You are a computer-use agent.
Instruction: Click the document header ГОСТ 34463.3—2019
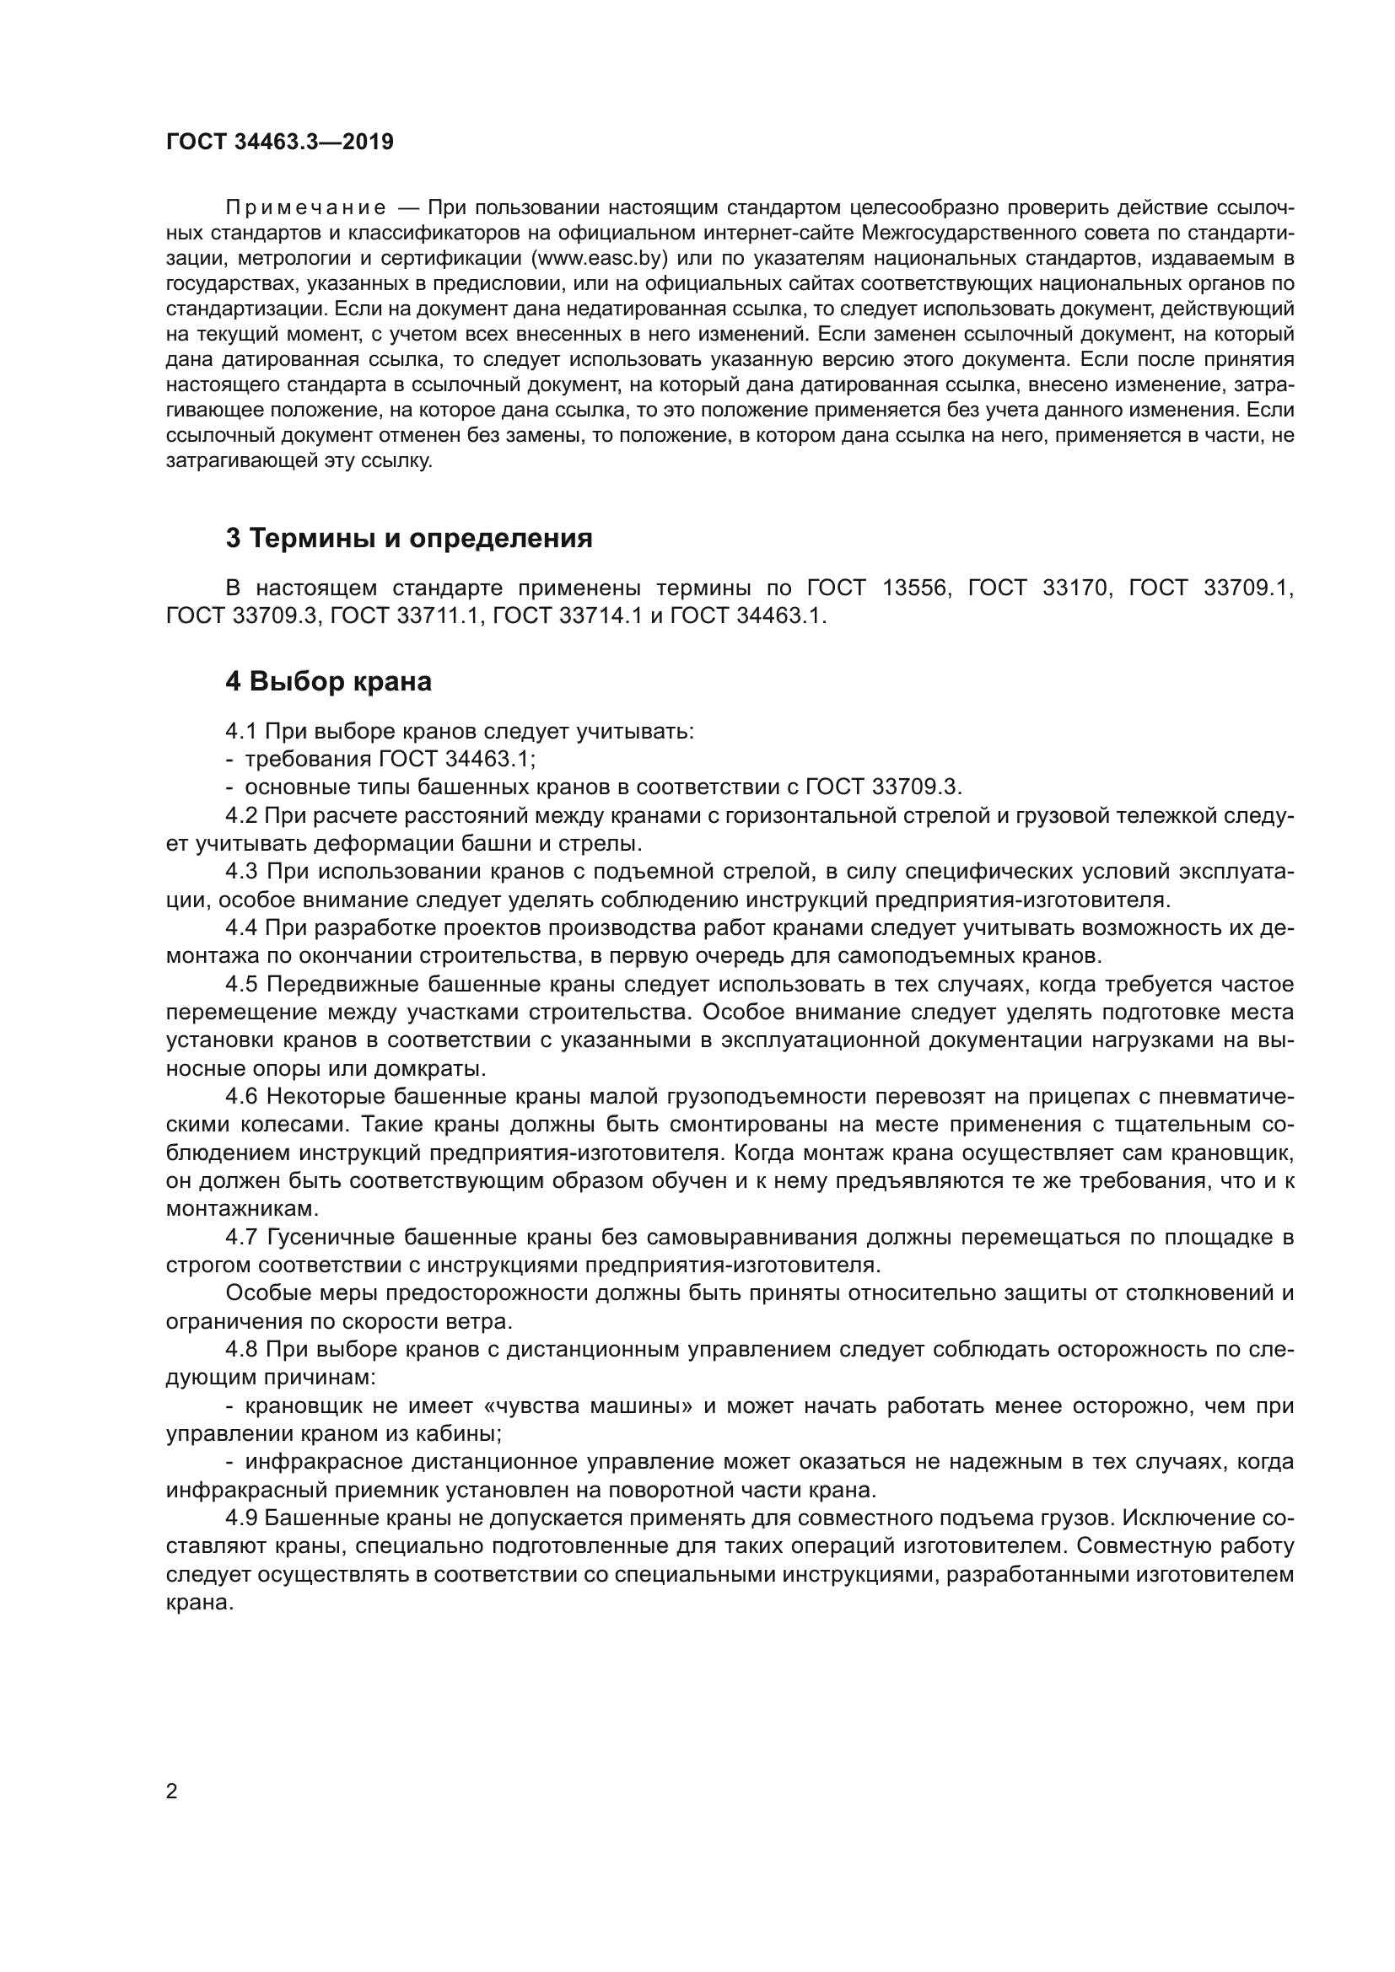point(279,142)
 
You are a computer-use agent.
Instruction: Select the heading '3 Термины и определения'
point(409,539)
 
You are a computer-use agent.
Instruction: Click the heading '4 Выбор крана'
point(328,681)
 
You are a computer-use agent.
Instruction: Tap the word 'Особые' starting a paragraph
point(265,1292)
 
